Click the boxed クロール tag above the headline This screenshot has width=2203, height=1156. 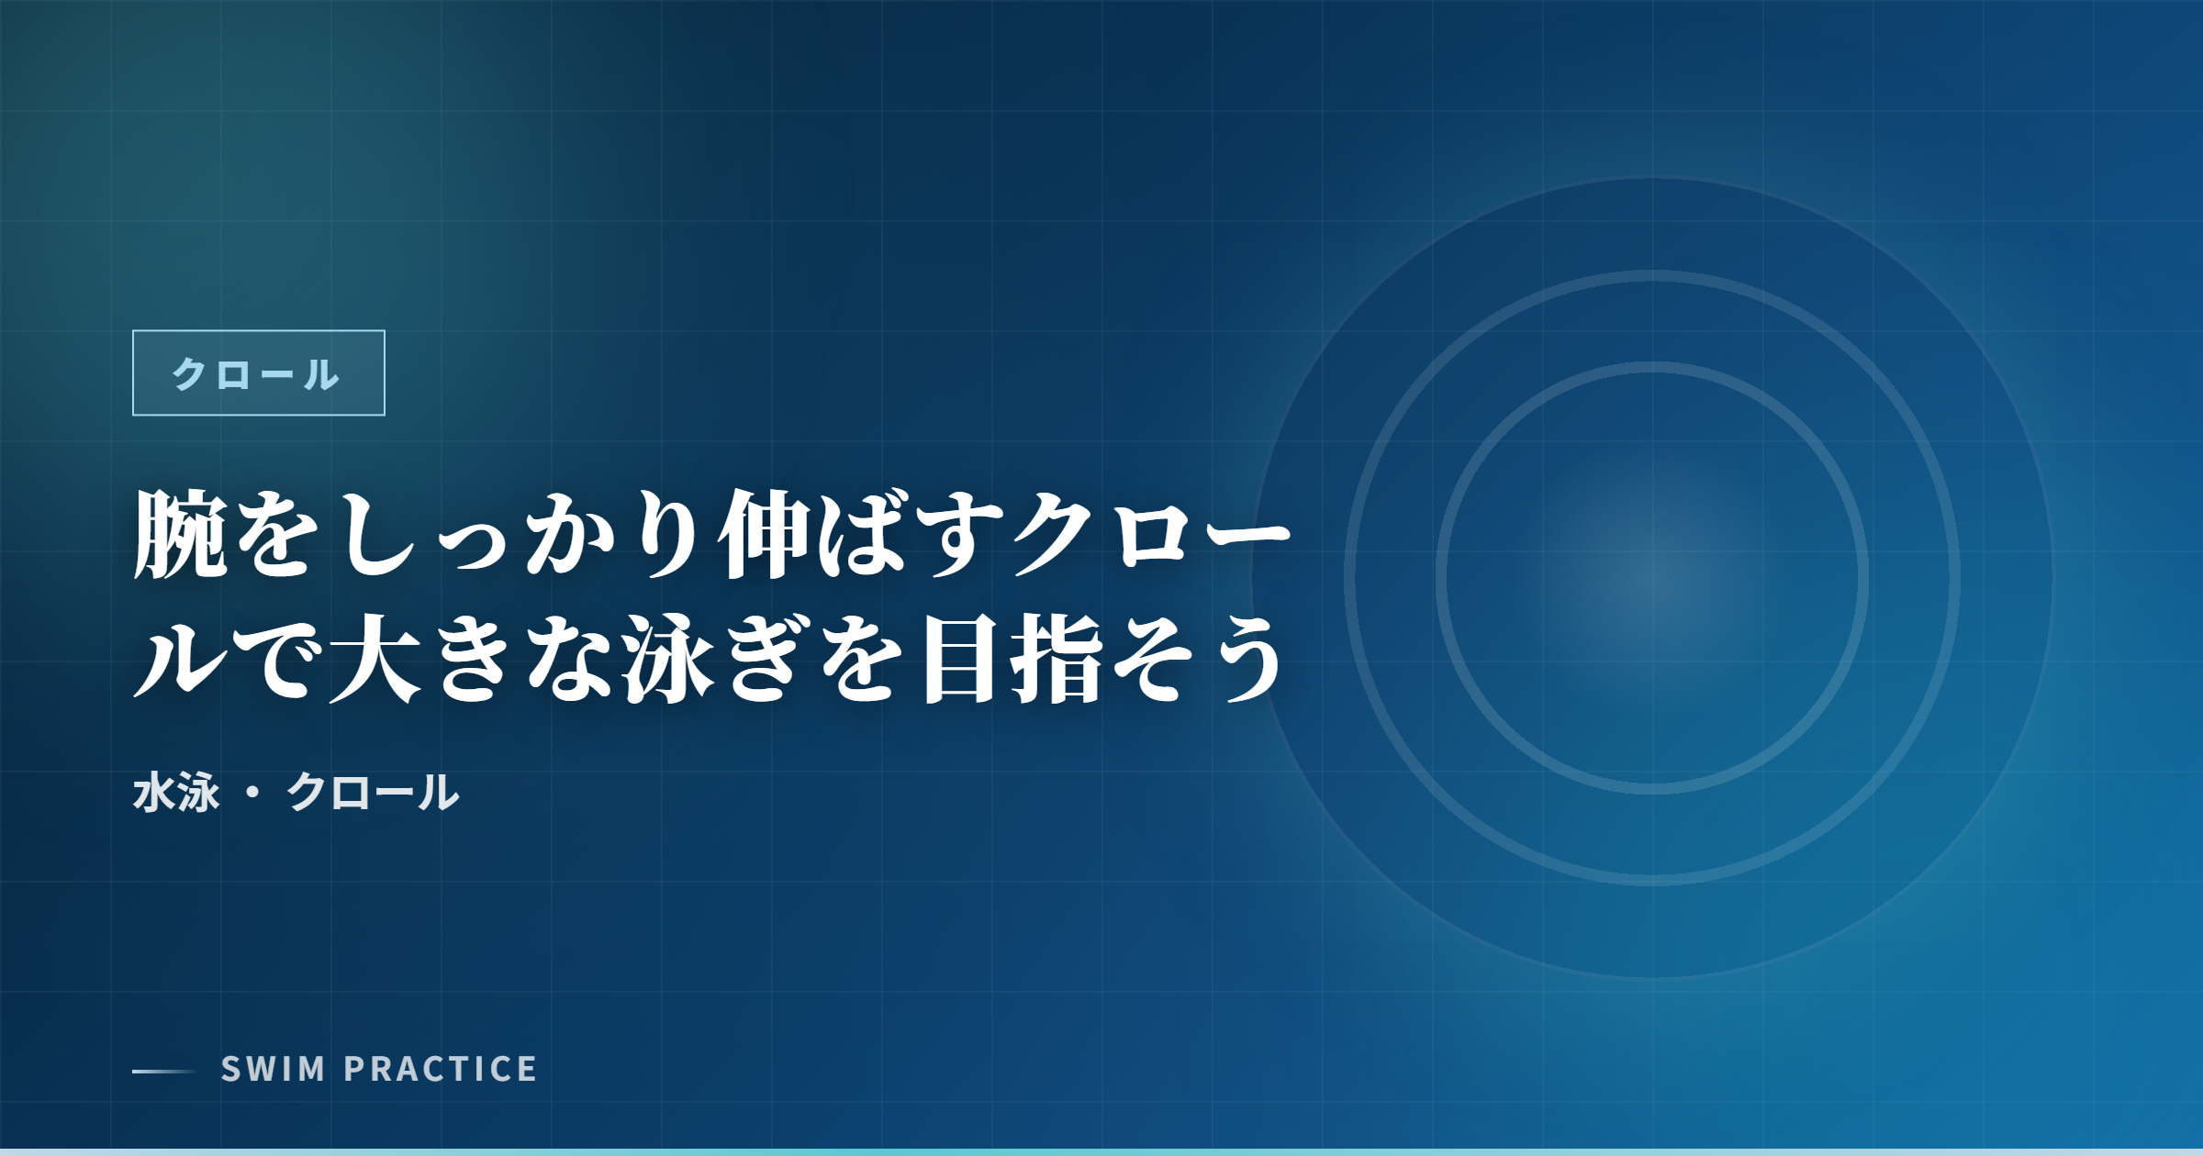258,373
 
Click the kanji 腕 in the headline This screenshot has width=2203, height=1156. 181,535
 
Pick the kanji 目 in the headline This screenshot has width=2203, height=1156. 960,659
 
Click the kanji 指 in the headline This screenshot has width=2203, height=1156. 1057,659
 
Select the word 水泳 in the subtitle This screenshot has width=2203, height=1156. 176,793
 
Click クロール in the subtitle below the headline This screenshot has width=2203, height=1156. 373,793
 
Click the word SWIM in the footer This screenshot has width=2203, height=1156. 273,1070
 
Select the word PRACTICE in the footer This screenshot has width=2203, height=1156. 441,1070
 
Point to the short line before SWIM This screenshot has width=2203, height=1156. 163,1071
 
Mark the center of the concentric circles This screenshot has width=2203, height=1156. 1652,578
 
